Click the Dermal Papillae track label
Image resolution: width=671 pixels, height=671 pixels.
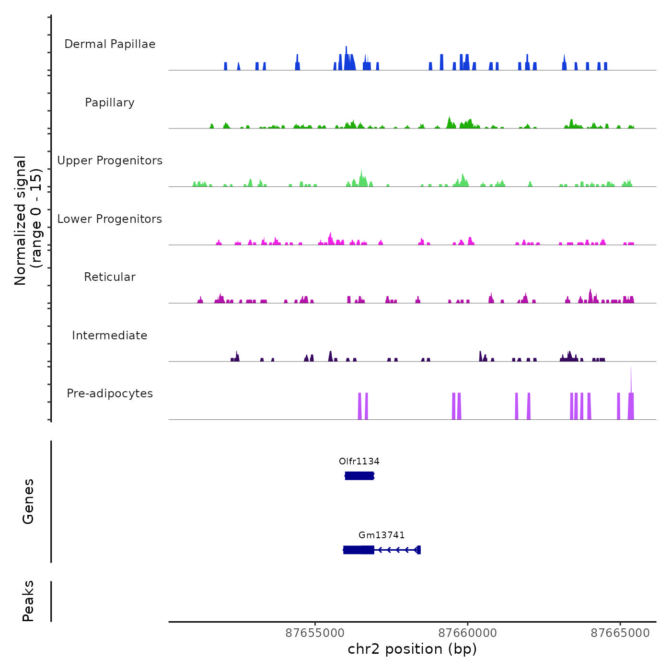[110, 44]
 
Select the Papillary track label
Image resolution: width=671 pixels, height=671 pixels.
[110, 103]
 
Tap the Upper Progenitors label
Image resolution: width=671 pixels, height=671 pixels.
[110, 161]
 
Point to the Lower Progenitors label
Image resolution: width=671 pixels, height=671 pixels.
[110, 219]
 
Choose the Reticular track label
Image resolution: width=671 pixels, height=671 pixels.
[110, 277]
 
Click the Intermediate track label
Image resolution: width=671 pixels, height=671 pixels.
[110, 335]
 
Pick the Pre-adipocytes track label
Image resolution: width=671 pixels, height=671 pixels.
[110, 393]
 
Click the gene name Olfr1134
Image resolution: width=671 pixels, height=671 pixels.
[359, 462]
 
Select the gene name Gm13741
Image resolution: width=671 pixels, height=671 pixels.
[382, 535]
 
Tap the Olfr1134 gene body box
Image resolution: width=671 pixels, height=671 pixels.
[359, 476]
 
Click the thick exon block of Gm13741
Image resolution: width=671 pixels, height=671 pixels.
[359, 550]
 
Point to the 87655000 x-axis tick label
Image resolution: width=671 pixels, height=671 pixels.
[315, 633]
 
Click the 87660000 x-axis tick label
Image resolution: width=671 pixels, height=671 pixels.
[468, 633]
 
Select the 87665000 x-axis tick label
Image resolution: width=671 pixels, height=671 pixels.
[620, 633]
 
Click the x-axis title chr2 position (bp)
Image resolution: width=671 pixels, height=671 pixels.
[412, 649]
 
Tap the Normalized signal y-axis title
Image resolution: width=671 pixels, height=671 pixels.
[28, 220]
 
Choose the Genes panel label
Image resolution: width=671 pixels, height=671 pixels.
[28, 501]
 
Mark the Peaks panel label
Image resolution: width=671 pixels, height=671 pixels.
[28, 601]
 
